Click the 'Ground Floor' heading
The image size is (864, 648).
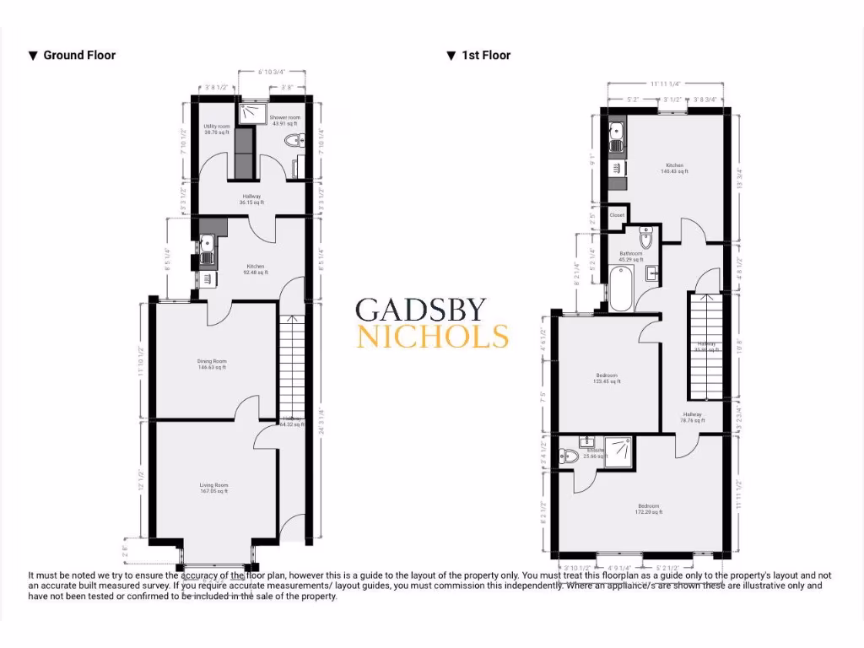(78, 56)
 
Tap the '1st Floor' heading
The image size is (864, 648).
(485, 56)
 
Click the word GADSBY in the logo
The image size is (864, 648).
(430, 310)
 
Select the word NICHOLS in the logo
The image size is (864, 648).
(433, 337)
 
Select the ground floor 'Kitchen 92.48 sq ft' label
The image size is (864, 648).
(256, 269)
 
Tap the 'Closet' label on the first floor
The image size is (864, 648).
(617, 215)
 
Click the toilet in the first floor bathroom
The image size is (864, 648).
(646, 238)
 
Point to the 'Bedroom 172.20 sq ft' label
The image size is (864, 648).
(647, 509)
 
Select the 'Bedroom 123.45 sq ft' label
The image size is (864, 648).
(606, 378)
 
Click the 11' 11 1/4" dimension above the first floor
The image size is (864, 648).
(665, 84)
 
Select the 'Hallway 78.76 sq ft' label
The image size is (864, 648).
(692, 417)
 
